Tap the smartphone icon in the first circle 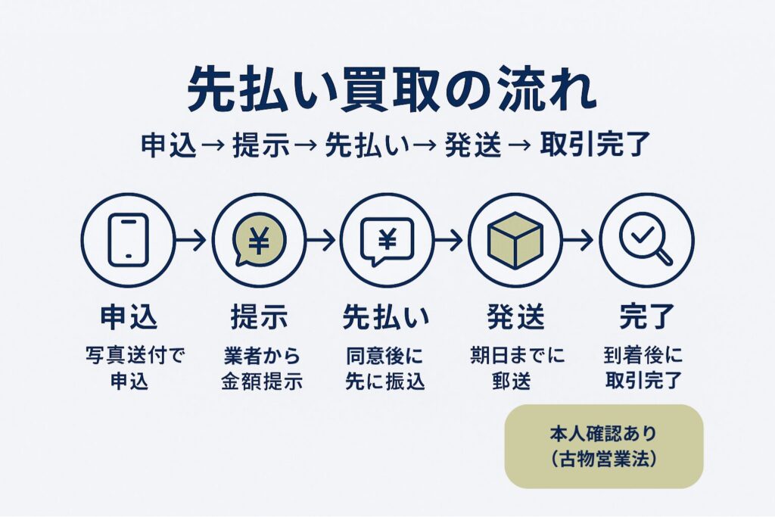(x=128, y=240)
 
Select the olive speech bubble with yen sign (x=259, y=240)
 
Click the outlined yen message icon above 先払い (x=387, y=240)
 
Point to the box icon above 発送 (x=515, y=240)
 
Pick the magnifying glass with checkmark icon (x=646, y=240)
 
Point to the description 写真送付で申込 (x=128, y=368)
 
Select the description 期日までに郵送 (x=515, y=368)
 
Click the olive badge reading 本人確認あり (x=604, y=446)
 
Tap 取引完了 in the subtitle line (x=595, y=145)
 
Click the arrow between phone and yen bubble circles (x=193, y=241)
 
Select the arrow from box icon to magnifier (x=580, y=241)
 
